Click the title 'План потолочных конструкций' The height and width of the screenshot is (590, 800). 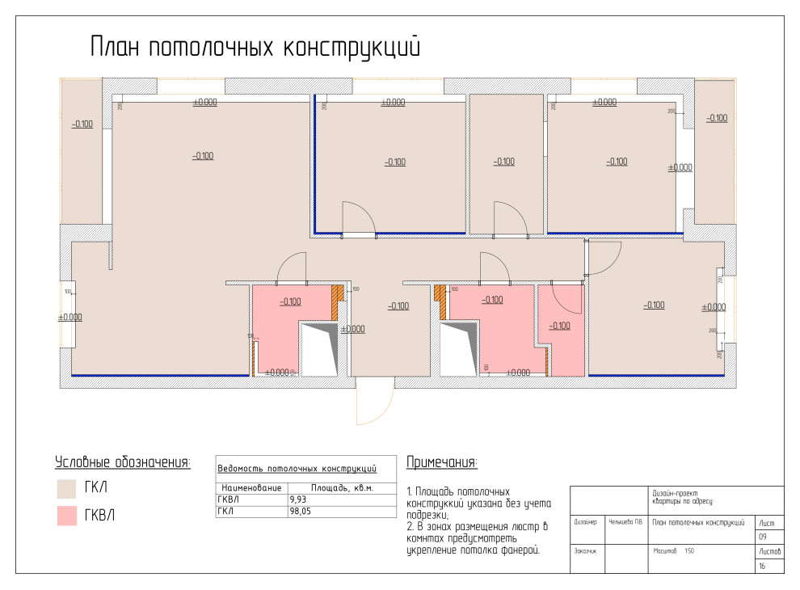(x=255, y=46)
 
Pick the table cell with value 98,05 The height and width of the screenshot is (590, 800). (x=299, y=511)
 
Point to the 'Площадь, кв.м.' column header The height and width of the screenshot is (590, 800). (x=342, y=488)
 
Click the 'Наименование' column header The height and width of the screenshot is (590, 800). (x=251, y=488)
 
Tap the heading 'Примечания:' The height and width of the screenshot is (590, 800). (x=441, y=462)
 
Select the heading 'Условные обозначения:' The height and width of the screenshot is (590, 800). (x=122, y=462)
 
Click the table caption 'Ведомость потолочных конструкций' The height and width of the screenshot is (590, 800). (x=298, y=468)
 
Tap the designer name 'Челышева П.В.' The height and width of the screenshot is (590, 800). (x=625, y=522)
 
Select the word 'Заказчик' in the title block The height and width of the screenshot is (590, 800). (x=585, y=551)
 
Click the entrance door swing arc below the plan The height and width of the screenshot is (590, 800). (x=374, y=408)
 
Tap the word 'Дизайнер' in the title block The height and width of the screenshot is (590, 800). (x=585, y=522)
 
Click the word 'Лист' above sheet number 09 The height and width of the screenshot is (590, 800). (x=766, y=523)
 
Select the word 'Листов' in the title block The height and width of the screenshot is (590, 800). (x=768, y=551)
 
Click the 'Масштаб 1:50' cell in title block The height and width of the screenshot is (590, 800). (x=673, y=551)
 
